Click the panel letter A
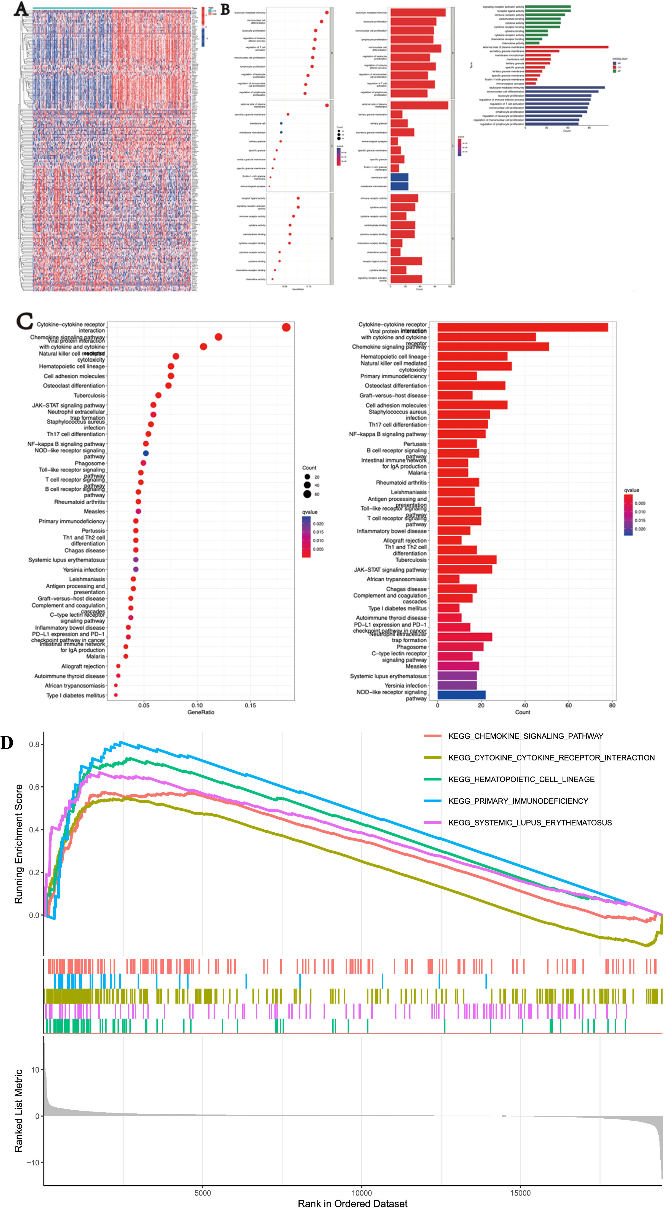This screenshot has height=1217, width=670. [x=20, y=9]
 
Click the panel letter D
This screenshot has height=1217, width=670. [x=7, y=743]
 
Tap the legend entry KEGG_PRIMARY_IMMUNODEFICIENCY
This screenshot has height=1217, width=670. [x=518, y=801]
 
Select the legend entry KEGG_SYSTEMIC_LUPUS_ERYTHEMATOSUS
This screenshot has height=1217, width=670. [x=530, y=822]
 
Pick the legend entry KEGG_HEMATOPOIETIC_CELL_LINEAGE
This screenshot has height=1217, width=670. [x=521, y=779]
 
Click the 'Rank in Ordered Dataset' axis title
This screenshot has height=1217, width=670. [x=353, y=1203]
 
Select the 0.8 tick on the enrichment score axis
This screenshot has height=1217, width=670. [x=34, y=744]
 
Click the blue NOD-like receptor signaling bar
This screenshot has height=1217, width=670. [x=461, y=695]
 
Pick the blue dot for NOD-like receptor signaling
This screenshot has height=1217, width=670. [x=146, y=453]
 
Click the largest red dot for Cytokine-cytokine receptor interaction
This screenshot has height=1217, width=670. [x=286, y=327]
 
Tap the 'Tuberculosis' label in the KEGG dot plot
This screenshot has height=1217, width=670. [x=89, y=395]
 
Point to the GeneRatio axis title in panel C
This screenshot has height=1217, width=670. [x=201, y=712]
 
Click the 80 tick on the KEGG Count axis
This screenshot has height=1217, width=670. [x=612, y=705]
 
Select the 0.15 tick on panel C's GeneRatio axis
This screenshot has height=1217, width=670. [x=251, y=705]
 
